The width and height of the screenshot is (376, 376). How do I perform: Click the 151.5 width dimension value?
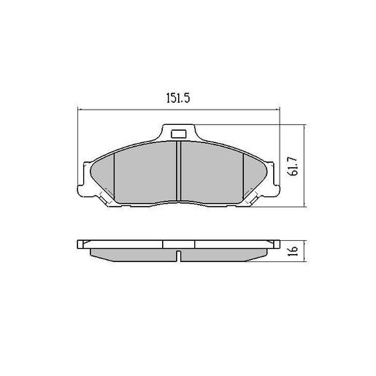click(178, 99)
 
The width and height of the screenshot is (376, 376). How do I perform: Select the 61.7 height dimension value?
click(291, 174)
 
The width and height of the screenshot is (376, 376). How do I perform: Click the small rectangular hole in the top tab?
click(179, 134)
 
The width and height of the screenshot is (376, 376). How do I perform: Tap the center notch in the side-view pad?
click(179, 256)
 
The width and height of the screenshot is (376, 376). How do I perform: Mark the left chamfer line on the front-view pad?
click(116, 175)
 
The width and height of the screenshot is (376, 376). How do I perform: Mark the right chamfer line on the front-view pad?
click(242, 175)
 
